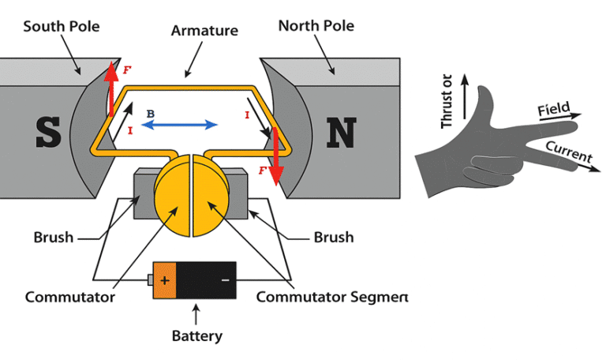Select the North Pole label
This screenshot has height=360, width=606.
[316, 26]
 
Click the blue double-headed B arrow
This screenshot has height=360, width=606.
[182, 125]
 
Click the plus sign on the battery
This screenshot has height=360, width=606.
[164, 279]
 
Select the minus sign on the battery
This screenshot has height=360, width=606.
[225, 279]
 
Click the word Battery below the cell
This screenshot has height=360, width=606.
[196, 336]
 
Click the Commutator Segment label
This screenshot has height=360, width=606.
[332, 298]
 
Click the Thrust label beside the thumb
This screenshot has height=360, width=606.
[447, 102]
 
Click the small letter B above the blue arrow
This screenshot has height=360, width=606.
[150, 114]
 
